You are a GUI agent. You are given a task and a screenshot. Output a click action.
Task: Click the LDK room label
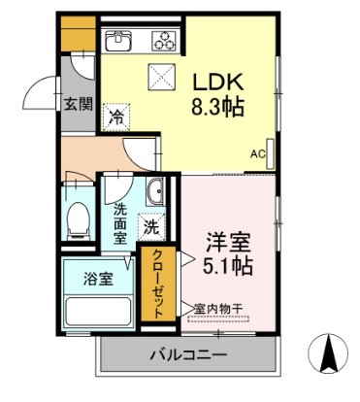point(218,83)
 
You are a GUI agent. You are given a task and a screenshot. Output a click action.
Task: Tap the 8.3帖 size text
point(217,108)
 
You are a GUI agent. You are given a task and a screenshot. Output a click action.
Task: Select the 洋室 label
point(229,243)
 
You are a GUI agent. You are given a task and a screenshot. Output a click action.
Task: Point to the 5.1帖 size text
point(228,266)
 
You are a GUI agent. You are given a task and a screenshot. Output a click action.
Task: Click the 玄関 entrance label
point(78,104)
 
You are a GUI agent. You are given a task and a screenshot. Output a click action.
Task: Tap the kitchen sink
point(118,41)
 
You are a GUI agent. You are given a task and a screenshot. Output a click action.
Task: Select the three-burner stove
point(165,41)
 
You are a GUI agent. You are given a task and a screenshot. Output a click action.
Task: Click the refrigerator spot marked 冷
point(116,117)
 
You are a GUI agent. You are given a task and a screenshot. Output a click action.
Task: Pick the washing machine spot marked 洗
point(151,227)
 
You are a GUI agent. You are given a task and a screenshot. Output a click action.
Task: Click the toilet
point(79,221)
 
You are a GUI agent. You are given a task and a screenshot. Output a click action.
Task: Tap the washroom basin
point(155,191)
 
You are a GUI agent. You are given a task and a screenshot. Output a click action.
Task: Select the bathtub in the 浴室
point(98,312)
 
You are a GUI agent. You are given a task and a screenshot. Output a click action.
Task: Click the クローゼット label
point(158,284)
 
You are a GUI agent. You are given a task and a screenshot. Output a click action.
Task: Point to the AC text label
point(258,154)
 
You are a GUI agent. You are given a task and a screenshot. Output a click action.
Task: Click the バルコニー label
point(188,355)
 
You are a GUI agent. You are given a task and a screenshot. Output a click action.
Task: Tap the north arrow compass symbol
point(329,352)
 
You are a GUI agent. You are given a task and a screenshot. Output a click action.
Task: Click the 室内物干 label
point(218,309)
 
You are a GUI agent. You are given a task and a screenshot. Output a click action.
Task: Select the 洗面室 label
point(119,224)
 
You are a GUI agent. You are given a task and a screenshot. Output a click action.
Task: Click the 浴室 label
point(98,279)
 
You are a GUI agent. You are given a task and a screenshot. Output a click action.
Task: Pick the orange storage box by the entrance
point(79,34)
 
